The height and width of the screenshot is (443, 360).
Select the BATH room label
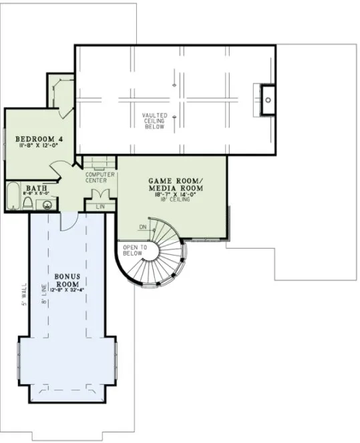click(x=35, y=189)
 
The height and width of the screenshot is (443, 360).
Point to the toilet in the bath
click(x=28, y=203)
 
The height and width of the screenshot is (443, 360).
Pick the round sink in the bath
click(x=47, y=204)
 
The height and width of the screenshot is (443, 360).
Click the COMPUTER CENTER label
click(x=100, y=177)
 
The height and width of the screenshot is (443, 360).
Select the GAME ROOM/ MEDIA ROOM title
click(x=174, y=184)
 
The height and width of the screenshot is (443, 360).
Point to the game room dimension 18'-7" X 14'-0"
click(x=174, y=194)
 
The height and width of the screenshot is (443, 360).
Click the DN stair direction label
click(x=143, y=228)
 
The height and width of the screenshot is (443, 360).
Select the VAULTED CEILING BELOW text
click(x=154, y=121)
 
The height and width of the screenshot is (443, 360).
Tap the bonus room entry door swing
click(x=69, y=222)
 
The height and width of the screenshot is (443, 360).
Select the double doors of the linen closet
click(x=100, y=195)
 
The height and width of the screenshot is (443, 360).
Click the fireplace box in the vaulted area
click(x=266, y=99)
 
